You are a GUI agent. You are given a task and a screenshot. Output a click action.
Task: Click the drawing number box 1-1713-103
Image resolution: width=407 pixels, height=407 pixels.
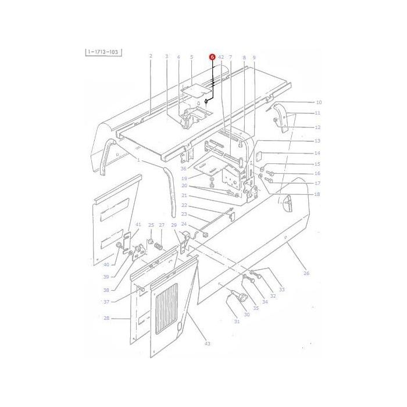pos(103,52)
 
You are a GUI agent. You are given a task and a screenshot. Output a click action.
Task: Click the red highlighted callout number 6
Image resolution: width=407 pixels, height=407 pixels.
pos(212,57)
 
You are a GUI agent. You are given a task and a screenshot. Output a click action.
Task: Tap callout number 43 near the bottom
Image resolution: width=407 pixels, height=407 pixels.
pos(207,344)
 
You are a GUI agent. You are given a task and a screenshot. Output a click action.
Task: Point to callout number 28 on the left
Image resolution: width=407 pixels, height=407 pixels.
pos(106,319)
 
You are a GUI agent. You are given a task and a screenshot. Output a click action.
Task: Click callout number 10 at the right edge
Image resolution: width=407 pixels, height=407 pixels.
pos(318,102)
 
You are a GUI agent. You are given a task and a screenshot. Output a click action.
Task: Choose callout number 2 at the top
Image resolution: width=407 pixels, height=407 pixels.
pos(151,56)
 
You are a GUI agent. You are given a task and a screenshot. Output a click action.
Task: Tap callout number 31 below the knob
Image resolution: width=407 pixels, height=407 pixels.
pos(237,322)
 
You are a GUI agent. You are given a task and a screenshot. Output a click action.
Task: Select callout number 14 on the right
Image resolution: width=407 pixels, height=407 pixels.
pos(317,153)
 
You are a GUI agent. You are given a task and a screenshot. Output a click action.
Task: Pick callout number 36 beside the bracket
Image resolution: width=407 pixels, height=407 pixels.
pos(183,169)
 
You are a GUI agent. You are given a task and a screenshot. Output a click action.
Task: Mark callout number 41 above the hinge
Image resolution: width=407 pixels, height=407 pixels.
pos(138,224)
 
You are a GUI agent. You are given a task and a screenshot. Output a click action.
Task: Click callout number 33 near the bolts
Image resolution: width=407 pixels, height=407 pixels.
pos(282,290)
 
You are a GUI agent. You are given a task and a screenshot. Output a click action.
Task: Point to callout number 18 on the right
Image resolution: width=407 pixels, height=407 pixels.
pos(317,194)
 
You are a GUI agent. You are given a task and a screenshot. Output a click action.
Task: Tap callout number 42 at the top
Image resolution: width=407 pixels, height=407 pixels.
pos(221,57)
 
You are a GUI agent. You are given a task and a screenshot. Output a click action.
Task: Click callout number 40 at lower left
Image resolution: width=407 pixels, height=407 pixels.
pos(106,265)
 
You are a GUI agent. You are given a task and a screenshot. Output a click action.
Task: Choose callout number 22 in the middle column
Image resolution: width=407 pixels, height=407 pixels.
pos(183,205)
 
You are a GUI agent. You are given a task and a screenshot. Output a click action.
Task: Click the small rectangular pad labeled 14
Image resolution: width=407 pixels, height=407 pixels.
pos(260,155)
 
